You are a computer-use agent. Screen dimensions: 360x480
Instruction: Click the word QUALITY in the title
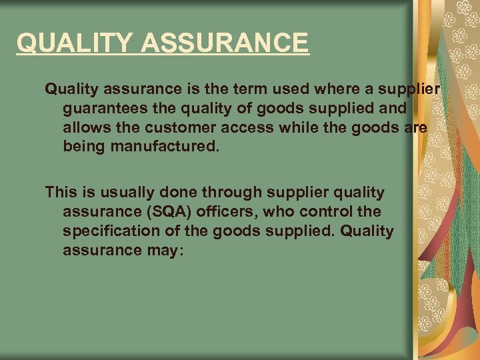(74, 43)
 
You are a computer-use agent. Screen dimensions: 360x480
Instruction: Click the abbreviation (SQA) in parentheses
(164, 212)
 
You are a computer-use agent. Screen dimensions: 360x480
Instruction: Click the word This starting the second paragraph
(61, 193)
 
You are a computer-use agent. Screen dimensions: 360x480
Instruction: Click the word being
(83, 145)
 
